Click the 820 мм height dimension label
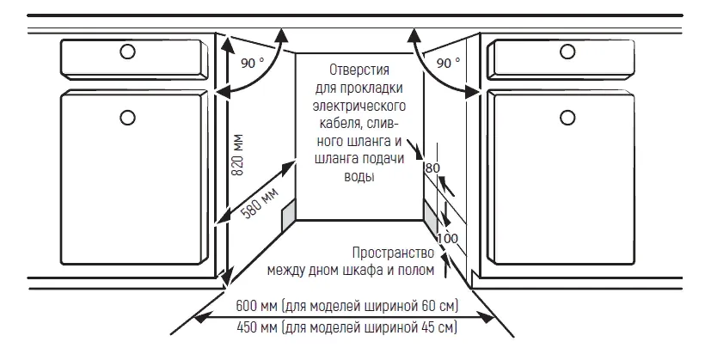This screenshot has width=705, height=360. [x=238, y=155]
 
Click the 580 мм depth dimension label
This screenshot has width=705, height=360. [x=261, y=202]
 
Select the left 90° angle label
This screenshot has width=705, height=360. [x=253, y=64]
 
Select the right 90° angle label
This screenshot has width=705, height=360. [x=448, y=63]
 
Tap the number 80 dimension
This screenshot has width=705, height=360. [x=432, y=168]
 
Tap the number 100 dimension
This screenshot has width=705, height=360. [x=448, y=238]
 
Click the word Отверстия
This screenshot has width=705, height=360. [x=359, y=70]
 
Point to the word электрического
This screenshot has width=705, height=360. [x=359, y=106]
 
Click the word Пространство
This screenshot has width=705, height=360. [x=394, y=253]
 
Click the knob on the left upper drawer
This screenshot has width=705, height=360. [x=128, y=52]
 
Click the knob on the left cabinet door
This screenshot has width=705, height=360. [x=128, y=118]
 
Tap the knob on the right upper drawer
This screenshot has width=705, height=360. [x=567, y=52]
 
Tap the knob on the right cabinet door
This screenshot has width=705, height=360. [x=567, y=118]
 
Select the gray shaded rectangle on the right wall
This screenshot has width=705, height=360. [x=431, y=216]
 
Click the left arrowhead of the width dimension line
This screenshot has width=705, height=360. [x=201, y=317]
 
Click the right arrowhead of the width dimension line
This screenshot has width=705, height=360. [x=487, y=317]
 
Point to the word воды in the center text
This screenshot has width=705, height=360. [x=359, y=176]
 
